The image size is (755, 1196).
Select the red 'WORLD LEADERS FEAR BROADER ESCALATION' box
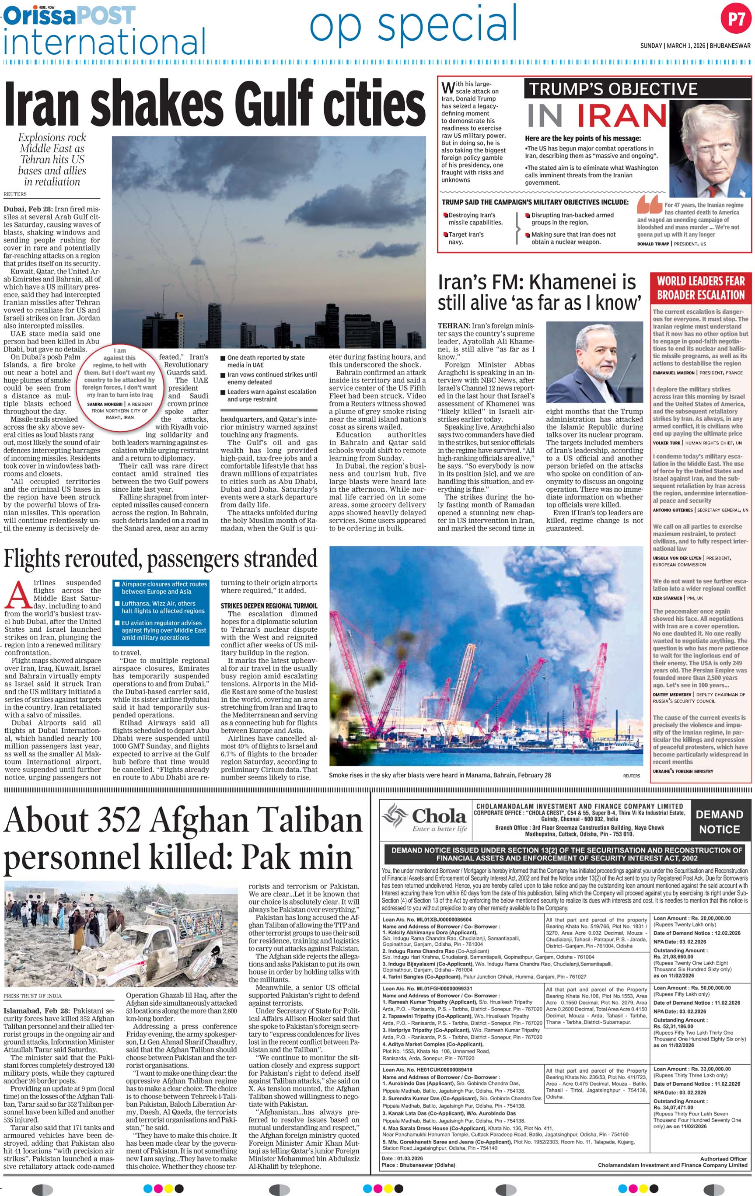(x=700, y=288)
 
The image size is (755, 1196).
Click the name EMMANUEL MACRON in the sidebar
(x=673, y=373)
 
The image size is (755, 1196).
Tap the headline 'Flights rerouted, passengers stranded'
(x=160, y=559)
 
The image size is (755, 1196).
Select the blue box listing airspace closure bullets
(x=161, y=612)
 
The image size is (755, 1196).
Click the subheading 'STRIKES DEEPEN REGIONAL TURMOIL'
(x=269, y=606)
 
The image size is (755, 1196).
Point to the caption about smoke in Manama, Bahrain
(x=440, y=775)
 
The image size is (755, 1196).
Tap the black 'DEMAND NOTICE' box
(x=719, y=822)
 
